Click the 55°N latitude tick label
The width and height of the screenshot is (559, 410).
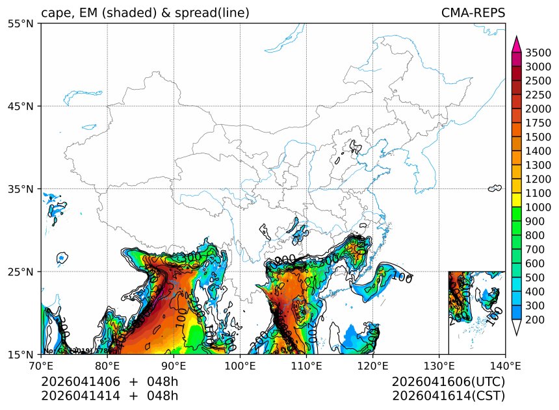click(23, 23)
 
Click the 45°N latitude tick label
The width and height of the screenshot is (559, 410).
click(23, 106)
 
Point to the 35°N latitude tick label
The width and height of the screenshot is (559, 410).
click(23, 189)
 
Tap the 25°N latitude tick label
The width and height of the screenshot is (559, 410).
click(23, 272)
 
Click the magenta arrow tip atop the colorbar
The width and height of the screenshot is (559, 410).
click(517, 42)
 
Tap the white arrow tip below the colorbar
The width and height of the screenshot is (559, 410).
click(517, 329)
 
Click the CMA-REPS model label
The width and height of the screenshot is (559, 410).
click(473, 13)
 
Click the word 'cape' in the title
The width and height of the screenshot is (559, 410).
click(55, 13)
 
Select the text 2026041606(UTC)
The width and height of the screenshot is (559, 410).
click(448, 381)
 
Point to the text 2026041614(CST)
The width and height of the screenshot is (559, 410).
click(448, 395)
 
